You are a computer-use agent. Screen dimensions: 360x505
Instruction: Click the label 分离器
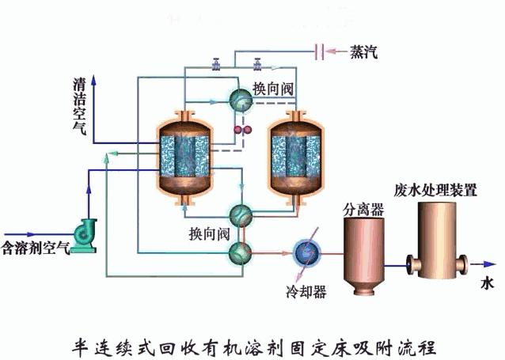[x=363, y=209]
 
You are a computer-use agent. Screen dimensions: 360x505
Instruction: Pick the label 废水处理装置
[x=435, y=190]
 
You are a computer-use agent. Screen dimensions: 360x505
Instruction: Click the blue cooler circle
[x=305, y=252]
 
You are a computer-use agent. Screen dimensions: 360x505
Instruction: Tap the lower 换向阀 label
[x=209, y=233]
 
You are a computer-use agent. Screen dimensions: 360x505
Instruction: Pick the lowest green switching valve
[x=239, y=252]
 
